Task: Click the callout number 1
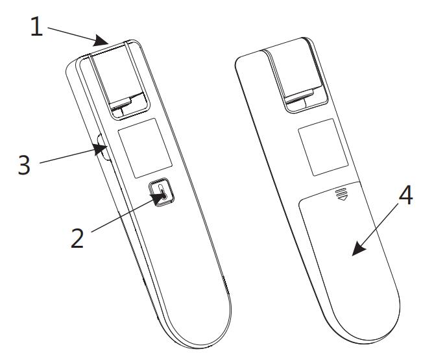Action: pos(36,27)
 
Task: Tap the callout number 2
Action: pos(77,238)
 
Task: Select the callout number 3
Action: pos(24,165)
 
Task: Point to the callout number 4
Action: pos(405,195)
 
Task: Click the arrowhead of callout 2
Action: pos(158,198)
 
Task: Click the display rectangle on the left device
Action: pos(145,148)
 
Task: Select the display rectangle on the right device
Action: pos(323,147)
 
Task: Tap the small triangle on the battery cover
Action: pos(342,198)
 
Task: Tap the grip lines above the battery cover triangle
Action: pos(341,192)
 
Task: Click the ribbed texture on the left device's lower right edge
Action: pos(226,285)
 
